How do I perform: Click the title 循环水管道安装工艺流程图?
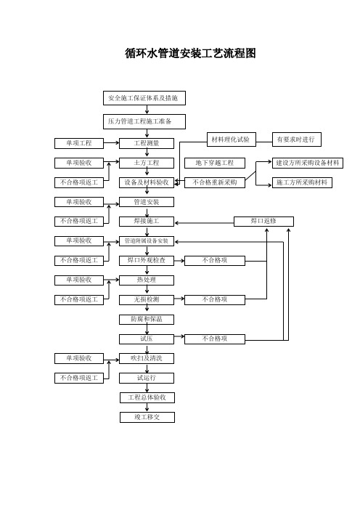[190, 53]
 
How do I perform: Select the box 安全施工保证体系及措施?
[144, 98]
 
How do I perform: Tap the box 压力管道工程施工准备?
[144, 121]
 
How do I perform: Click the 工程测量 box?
[147, 143]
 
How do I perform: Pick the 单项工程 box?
[79, 143]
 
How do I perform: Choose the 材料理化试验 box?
[232, 139]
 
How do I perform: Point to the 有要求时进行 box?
[297, 139]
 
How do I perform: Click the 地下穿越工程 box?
[215, 163]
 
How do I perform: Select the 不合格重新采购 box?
[215, 182]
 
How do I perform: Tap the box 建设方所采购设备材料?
[308, 163]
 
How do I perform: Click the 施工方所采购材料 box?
[302, 182]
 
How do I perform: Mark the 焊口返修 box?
[263, 222]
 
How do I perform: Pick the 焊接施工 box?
[147, 222]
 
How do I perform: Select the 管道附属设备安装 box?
[147, 241]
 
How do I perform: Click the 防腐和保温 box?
[147, 320]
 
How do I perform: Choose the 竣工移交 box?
[147, 417]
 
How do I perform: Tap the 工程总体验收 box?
[147, 397]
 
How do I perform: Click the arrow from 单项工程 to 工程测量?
[112, 143]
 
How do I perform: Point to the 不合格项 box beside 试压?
[215, 339]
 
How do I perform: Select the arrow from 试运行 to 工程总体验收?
[147, 388]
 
